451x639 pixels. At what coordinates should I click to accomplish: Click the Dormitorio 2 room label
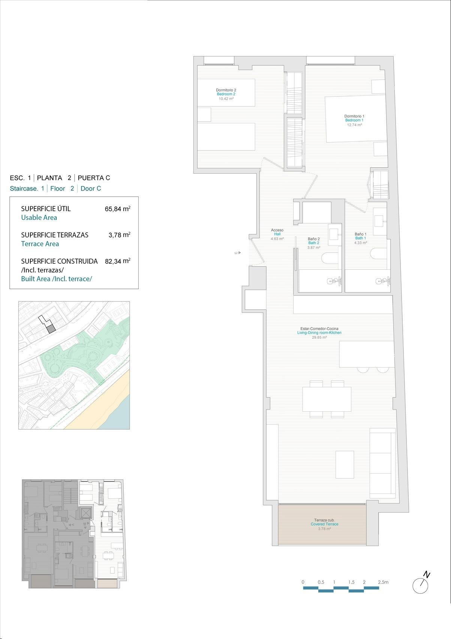tap(226, 90)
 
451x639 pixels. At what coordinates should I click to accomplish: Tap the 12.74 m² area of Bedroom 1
tap(354, 125)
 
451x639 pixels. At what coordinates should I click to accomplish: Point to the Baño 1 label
tap(360, 234)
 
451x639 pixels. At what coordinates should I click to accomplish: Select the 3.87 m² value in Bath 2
tap(313, 247)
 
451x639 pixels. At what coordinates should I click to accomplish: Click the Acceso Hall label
tap(277, 230)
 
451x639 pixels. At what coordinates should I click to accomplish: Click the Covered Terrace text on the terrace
tap(324, 524)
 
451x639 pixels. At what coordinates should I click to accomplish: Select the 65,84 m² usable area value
tap(117, 209)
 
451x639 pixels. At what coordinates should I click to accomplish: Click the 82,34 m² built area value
tap(117, 261)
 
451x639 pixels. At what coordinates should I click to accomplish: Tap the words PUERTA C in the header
tap(94, 178)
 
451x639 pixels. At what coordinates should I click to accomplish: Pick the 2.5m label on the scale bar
tap(383, 582)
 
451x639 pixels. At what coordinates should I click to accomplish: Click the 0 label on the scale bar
tap(303, 582)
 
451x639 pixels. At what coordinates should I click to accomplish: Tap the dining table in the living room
tap(327, 399)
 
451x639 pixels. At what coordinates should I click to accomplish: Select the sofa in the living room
tap(382, 463)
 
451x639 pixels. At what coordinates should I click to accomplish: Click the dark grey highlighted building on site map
tap(51, 329)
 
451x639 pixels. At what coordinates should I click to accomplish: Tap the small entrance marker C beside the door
tap(236, 253)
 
